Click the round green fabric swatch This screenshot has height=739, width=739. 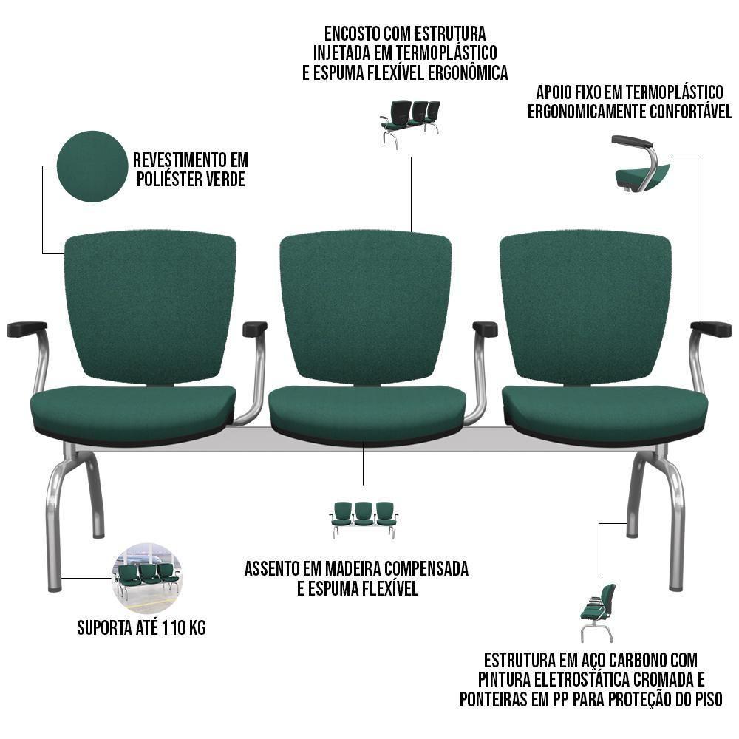coord(92,166)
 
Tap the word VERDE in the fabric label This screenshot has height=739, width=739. coord(223,180)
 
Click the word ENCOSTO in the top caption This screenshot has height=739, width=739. coord(352,34)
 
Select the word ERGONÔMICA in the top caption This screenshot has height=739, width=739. coord(468,73)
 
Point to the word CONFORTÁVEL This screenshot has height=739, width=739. coord(690,112)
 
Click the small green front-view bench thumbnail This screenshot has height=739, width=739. coord(364,520)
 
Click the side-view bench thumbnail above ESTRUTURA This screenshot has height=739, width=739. coord(598,613)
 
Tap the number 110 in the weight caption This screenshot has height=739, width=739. coord(174,627)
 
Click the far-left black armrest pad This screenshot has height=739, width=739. coord(27,329)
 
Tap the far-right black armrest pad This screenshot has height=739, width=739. coord(711,329)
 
